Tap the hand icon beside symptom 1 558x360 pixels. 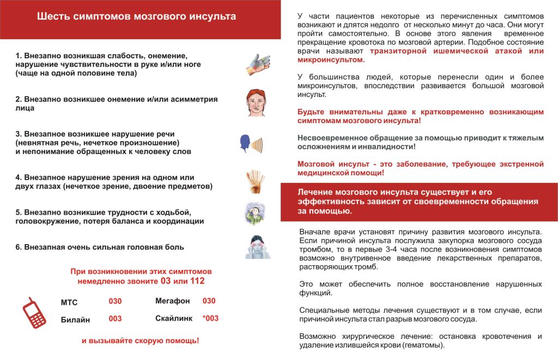pos(257,65)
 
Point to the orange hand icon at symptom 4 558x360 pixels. pos(255,181)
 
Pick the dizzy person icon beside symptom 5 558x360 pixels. pos(254,213)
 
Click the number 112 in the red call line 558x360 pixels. pos(197,281)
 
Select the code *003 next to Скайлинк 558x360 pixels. pos(210,318)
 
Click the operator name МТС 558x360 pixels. pos(69,302)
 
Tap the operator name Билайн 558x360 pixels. pos(75,320)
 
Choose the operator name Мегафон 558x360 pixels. pos(172,301)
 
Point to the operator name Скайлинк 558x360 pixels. pos(174,318)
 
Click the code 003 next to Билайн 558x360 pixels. pos(115,319)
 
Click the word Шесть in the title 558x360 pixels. pos(52,16)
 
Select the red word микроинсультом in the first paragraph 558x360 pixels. pos(327,59)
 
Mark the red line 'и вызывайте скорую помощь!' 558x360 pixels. pos(140,341)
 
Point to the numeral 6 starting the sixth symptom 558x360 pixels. pos(18,247)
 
